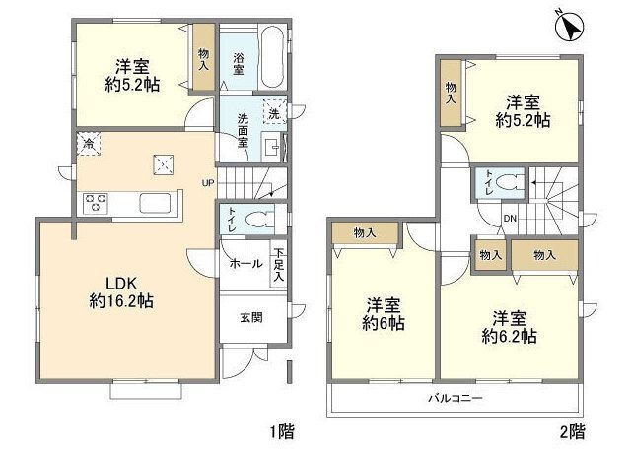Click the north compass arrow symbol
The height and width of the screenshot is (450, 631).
568,27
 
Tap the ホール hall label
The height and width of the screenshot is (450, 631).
245,264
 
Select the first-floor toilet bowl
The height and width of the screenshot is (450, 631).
257,219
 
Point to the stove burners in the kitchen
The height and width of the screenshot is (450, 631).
97,204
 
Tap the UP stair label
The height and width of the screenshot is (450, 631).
208,183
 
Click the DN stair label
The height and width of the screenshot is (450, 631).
510,219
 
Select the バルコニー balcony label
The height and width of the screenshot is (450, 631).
455,399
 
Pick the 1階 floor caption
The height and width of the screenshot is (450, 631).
281,430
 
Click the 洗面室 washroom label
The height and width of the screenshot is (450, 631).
241,130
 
